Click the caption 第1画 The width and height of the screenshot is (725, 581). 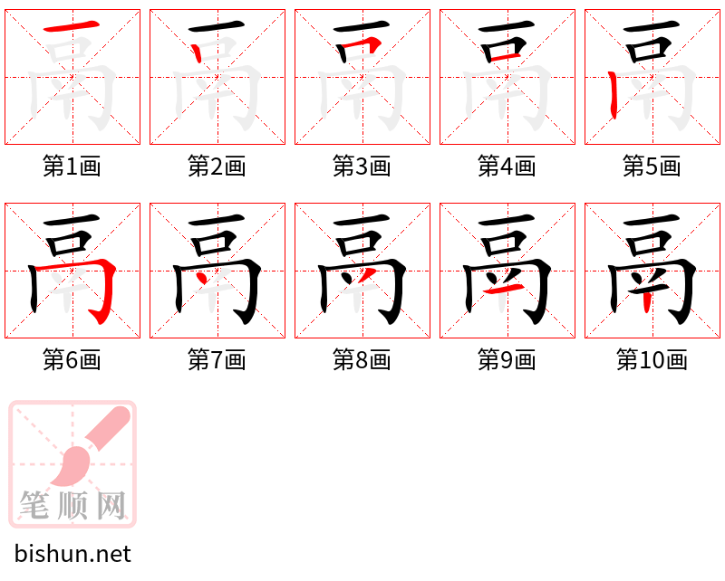[72, 167]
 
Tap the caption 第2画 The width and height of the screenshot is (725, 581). [217, 167]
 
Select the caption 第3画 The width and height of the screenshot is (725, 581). [362, 167]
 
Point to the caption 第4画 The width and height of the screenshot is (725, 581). [507, 167]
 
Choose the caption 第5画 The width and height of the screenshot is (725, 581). [652, 167]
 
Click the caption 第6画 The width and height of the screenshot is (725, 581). [72, 360]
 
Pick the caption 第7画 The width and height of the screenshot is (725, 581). [217, 360]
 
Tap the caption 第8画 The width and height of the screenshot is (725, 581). [362, 360]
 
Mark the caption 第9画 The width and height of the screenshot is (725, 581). [507, 360]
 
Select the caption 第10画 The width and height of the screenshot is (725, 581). [652, 360]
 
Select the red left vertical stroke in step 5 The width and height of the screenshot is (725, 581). [613, 95]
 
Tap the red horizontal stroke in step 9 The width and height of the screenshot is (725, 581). [504, 290]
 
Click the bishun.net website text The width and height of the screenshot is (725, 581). [72, 554]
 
